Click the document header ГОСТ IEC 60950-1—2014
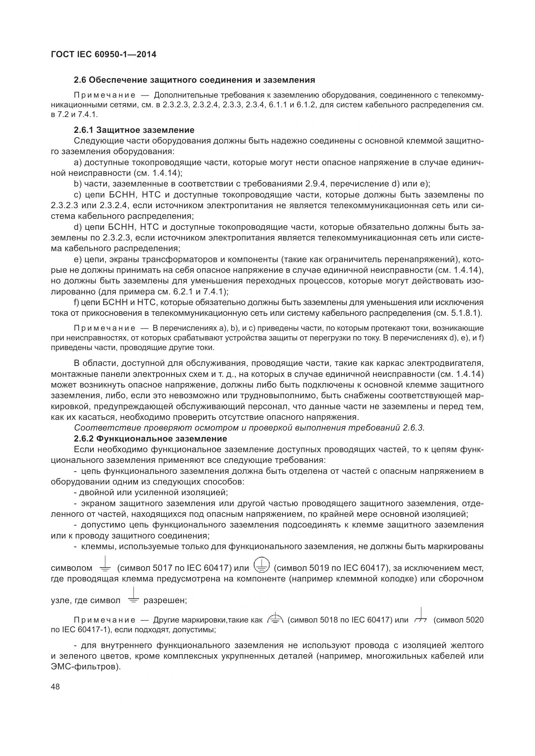pyautogui.click(x=104, y=55)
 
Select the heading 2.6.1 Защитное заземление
pyautogui.click(x=134, y=130)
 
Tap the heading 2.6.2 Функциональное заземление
pyautogui.click(x=150, y=439)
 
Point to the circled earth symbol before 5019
pyautogui.click(x=262, y=565)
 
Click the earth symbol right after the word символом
pyautogui.click(x=105, y=566)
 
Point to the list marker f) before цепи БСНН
pyautogui.click(x=76, y=302)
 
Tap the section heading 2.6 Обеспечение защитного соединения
pyautogui.click(x=194, y=80)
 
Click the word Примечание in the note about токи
pyautogui.click(x=104, y=328)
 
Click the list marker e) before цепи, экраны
pyautogui.click(x=78, y=260)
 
